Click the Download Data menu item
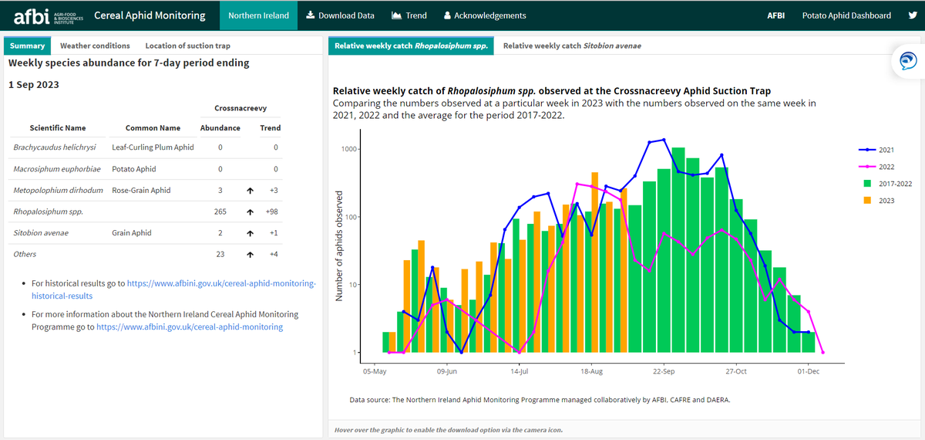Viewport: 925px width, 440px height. [x=340, y=15]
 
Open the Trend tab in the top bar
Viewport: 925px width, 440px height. [x=409, y=15]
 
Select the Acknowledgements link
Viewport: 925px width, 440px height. [x=485, y=15]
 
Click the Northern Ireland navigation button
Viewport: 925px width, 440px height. [x=258, y=15]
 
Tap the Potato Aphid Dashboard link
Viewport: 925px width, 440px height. [x=846, y=15]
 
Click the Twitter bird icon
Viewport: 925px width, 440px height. [x=913, y=15]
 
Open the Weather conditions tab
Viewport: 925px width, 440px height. [x=95, y=46]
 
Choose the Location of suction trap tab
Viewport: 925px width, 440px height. [x=187, y=46]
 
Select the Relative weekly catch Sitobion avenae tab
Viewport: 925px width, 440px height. [x=571, y=46]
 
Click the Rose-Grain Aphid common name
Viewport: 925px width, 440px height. [x=141, y=190]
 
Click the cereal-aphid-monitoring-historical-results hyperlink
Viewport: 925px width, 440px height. [x=221, y=284]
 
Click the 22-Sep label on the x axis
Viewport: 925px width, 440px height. [x=664, y=371]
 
